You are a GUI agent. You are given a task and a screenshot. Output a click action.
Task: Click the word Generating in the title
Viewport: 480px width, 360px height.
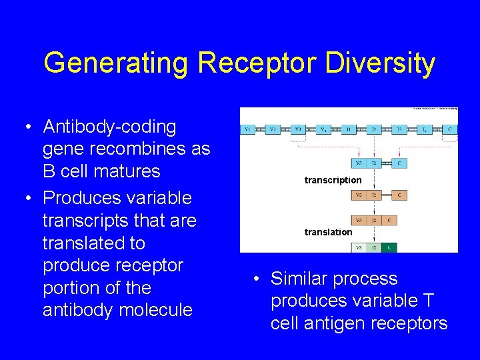(117, 63)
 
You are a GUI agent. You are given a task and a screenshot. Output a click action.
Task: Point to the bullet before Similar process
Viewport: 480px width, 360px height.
(257, 279)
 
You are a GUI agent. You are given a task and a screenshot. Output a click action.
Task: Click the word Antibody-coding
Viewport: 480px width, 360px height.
(109, 127)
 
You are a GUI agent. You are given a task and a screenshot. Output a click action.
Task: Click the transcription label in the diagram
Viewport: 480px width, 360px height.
(333, 180)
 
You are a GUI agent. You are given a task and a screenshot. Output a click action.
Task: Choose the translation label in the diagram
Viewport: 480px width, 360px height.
(328, 232)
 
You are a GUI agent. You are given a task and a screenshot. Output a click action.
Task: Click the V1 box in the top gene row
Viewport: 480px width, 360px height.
(248, 130)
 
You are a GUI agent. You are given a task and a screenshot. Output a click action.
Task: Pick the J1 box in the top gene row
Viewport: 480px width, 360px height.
(349, 130)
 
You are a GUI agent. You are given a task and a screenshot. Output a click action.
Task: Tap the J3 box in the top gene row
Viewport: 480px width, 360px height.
(399, 130)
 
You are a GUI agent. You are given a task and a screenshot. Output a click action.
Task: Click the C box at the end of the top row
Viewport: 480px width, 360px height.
(450, 130)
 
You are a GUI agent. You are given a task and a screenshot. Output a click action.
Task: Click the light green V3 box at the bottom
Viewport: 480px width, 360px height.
(359, 247)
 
